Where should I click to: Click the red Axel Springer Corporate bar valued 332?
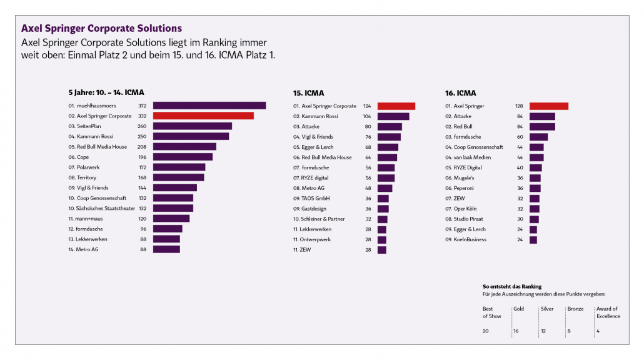203,116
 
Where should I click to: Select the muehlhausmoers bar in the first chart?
209,106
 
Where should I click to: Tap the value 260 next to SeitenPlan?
142,126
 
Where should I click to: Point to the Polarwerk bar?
179,167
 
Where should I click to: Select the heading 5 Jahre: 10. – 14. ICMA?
106,92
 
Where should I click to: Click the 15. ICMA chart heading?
309,93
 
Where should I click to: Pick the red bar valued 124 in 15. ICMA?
396,106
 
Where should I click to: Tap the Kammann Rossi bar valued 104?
393,116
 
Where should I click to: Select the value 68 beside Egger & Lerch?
368,147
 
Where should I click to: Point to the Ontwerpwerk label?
316,239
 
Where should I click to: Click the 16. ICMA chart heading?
461,93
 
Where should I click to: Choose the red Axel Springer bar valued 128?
549,106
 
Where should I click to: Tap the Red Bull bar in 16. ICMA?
542,127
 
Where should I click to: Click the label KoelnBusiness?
470,239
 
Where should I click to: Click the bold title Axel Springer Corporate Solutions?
102,29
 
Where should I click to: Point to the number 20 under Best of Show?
486,331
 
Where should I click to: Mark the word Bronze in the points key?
575,309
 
